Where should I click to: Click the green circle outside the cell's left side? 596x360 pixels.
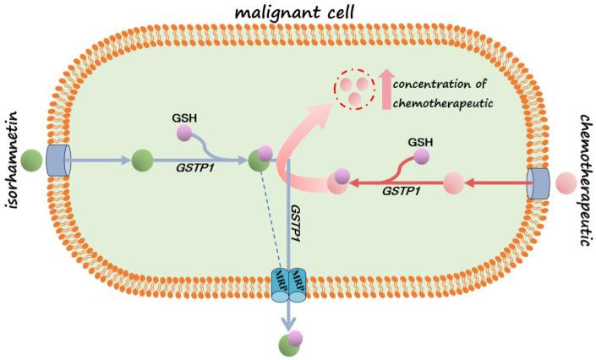32,159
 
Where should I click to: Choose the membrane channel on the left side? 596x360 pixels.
60,159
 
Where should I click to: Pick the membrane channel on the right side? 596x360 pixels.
539,181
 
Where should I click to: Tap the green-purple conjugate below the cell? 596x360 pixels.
292,342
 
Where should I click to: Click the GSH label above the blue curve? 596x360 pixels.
183,117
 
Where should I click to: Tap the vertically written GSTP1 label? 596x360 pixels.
296,218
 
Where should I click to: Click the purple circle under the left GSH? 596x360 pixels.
183,134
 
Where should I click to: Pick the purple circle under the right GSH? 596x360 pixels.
419,156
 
